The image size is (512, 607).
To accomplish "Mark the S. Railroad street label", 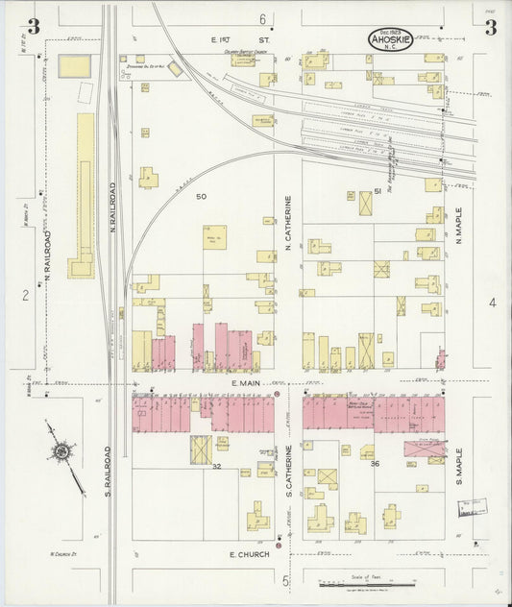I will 108,471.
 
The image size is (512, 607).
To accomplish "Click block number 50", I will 201,196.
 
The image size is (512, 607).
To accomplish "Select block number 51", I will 378,192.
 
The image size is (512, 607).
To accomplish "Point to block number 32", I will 217,465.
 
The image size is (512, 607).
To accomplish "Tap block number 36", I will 376,464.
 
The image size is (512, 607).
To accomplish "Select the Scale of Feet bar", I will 370,583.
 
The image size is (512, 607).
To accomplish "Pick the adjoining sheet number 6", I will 261,19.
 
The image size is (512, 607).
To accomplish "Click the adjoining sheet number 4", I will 491,303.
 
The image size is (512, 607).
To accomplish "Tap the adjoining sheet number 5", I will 285,580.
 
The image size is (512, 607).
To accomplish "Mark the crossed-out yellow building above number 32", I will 201,448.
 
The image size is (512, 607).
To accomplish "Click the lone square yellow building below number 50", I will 214,237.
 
